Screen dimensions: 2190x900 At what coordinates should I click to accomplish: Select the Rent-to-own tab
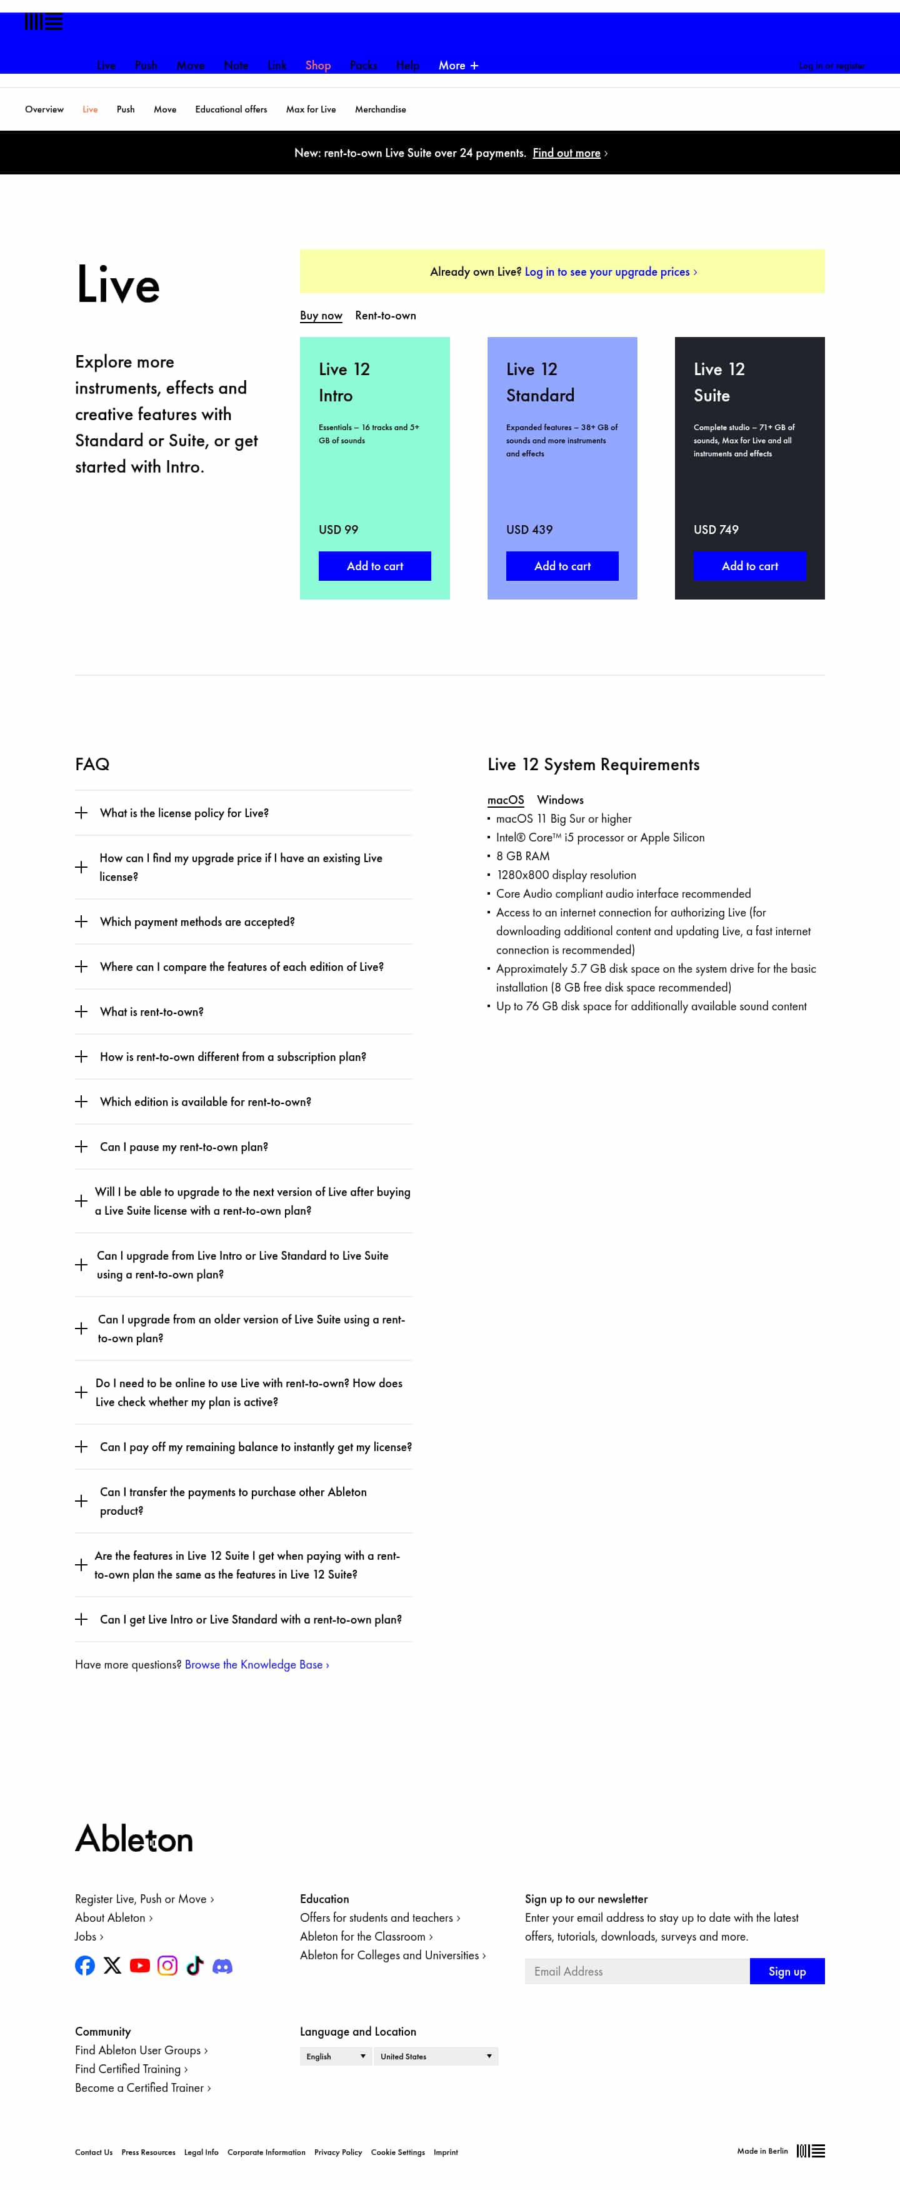[385, 316]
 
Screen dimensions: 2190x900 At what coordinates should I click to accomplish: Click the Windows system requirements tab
[560, 800]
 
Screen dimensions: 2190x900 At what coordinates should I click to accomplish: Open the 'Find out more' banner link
[566, 153]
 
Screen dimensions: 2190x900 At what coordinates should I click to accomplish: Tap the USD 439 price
[529, 530]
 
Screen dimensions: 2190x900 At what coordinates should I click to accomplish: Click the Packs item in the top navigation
[363, 66]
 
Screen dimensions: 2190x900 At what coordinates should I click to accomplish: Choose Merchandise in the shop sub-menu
[380, 109]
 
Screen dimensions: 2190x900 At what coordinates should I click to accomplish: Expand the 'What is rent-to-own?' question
[151, 1012]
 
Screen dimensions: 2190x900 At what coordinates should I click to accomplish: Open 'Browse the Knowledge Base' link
[256, 1665]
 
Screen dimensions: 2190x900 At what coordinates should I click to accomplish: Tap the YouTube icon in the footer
[140, 1966]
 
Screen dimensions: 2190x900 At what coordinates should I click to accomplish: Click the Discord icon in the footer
[222, 1966]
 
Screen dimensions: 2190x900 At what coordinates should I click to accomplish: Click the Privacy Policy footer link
[337, 2152]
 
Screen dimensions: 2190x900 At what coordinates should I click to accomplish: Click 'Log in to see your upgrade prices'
[609, 272]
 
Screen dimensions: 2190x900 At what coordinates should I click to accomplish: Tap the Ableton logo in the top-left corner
[43, 22]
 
